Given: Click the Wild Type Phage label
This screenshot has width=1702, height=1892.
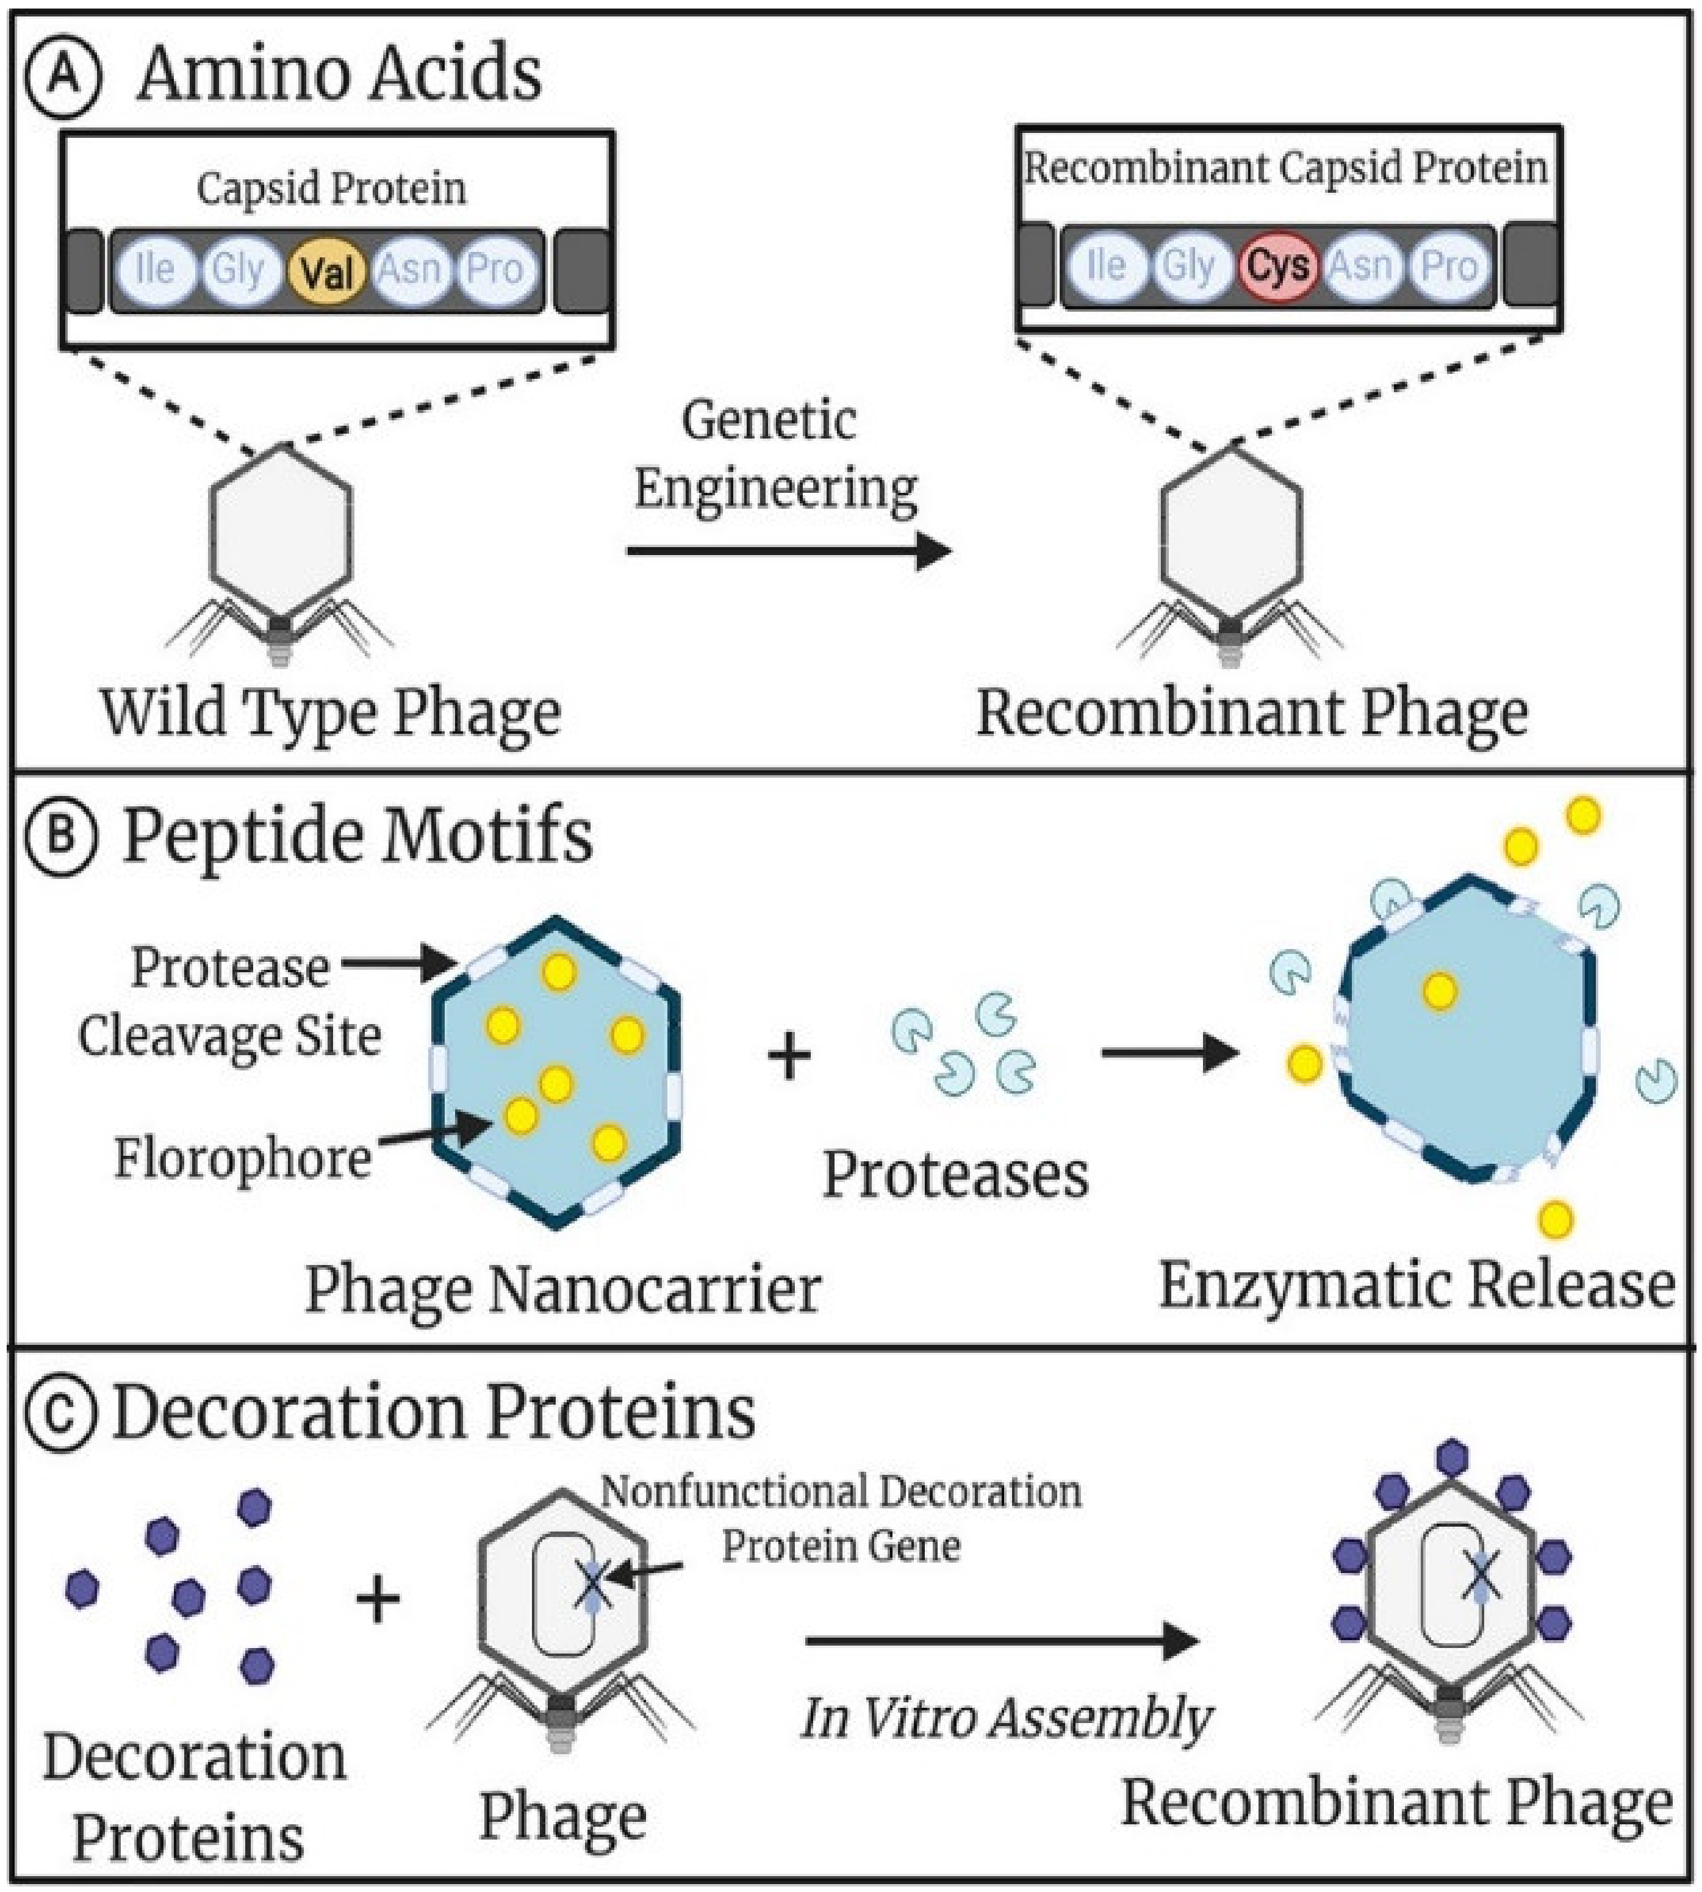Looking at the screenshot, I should [330, 714].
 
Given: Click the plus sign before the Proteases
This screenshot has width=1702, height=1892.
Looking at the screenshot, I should [788, 1056].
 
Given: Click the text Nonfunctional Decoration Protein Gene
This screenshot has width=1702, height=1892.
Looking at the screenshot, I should [840, 1518].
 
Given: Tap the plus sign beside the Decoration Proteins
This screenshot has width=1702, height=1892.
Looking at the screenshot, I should [378, 1599].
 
